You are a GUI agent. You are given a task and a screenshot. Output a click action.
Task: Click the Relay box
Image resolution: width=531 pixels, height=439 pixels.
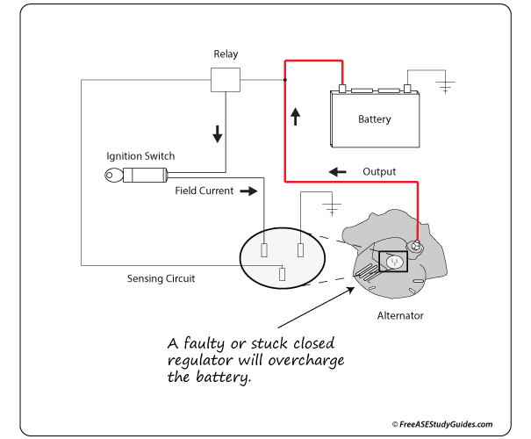(226, 79)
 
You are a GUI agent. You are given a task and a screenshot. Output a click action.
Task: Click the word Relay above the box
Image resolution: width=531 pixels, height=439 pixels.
(226, 54)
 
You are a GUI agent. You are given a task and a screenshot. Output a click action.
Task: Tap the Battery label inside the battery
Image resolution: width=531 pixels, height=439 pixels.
(374, 119)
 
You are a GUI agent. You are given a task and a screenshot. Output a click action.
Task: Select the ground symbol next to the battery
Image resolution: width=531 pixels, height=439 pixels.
(447, 86)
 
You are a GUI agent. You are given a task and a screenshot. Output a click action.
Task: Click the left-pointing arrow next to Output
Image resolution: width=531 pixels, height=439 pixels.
(334, 171)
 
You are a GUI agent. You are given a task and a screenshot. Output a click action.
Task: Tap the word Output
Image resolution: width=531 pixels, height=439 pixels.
(380, 172)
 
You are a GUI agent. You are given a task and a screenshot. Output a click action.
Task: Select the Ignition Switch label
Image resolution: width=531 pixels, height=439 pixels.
(140, 155)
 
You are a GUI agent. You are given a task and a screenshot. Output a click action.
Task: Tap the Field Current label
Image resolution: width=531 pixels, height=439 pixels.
(204, 190)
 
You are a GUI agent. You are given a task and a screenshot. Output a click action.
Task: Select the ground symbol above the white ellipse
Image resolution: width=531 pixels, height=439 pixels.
(333, 209)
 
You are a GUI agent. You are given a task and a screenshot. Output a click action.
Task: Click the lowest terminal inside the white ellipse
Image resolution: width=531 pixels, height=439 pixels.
(282, 273)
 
